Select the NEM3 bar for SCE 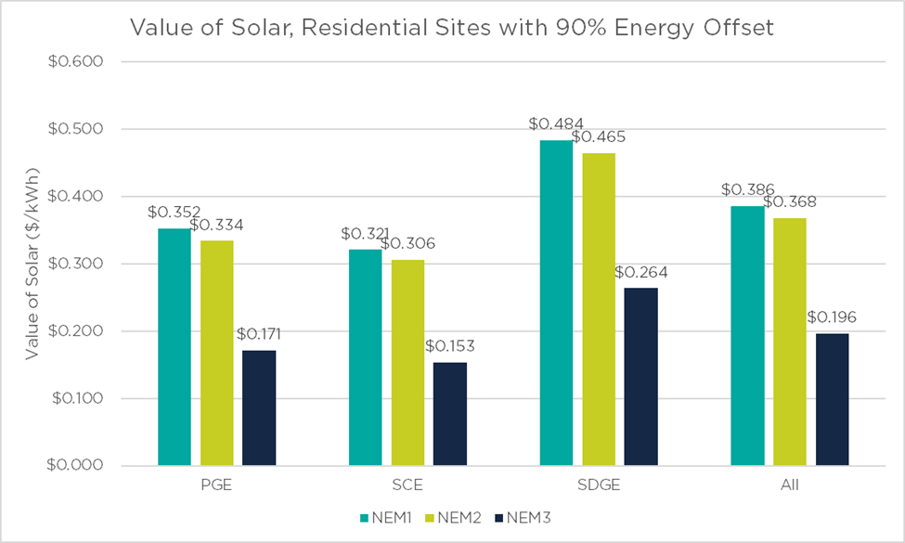click(450, 413)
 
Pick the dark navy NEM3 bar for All click(832, 399)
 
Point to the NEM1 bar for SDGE click(556, 302)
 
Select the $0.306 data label click(408, 243)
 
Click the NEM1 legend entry click(385, 516)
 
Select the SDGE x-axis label click(599, 485)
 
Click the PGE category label click(216, 485)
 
